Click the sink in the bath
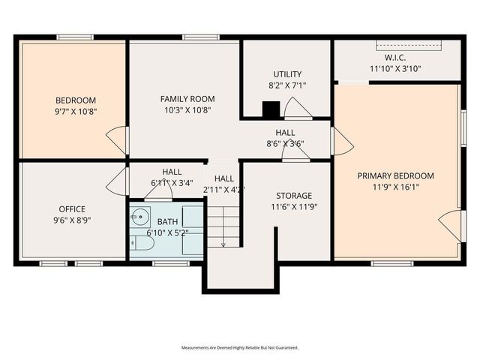[138, 218]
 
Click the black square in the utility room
[270, 109]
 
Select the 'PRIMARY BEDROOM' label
[395, 175]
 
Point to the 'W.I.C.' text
[395, 57]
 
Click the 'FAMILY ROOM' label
[187, 98]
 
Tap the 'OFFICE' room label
[72, 208]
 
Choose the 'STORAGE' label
[293, 195]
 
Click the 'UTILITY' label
[286, 73]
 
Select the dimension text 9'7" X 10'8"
[75, 111]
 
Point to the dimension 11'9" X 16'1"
[395, 187]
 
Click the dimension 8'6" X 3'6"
[285, 143]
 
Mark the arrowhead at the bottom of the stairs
[223, 244]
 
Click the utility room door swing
[297, 109]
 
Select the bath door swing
[158, 192]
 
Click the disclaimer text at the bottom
[240, 348]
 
